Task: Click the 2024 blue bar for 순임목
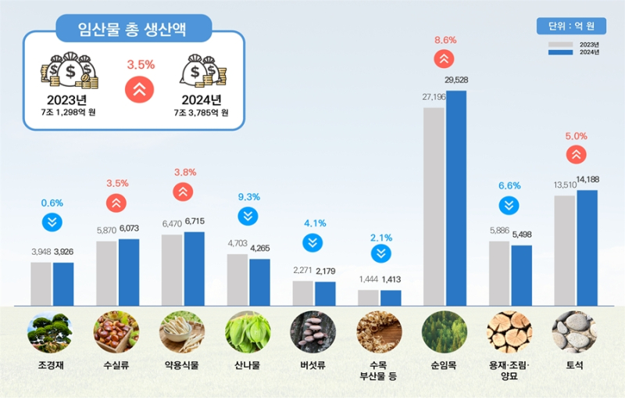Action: point(456,195)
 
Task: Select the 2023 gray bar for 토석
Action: point(564,250)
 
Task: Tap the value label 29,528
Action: point(456,80)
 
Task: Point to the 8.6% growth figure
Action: point(445,39)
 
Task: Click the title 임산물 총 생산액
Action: point(134,29)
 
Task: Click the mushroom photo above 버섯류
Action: point(312,333)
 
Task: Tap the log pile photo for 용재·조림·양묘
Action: point(509,333)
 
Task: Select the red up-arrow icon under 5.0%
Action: point(576,154)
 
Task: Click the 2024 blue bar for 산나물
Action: point(259,281)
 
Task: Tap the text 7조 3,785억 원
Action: point(201,113)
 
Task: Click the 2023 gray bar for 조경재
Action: point(41,283)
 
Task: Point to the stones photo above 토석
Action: point(574,333)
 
